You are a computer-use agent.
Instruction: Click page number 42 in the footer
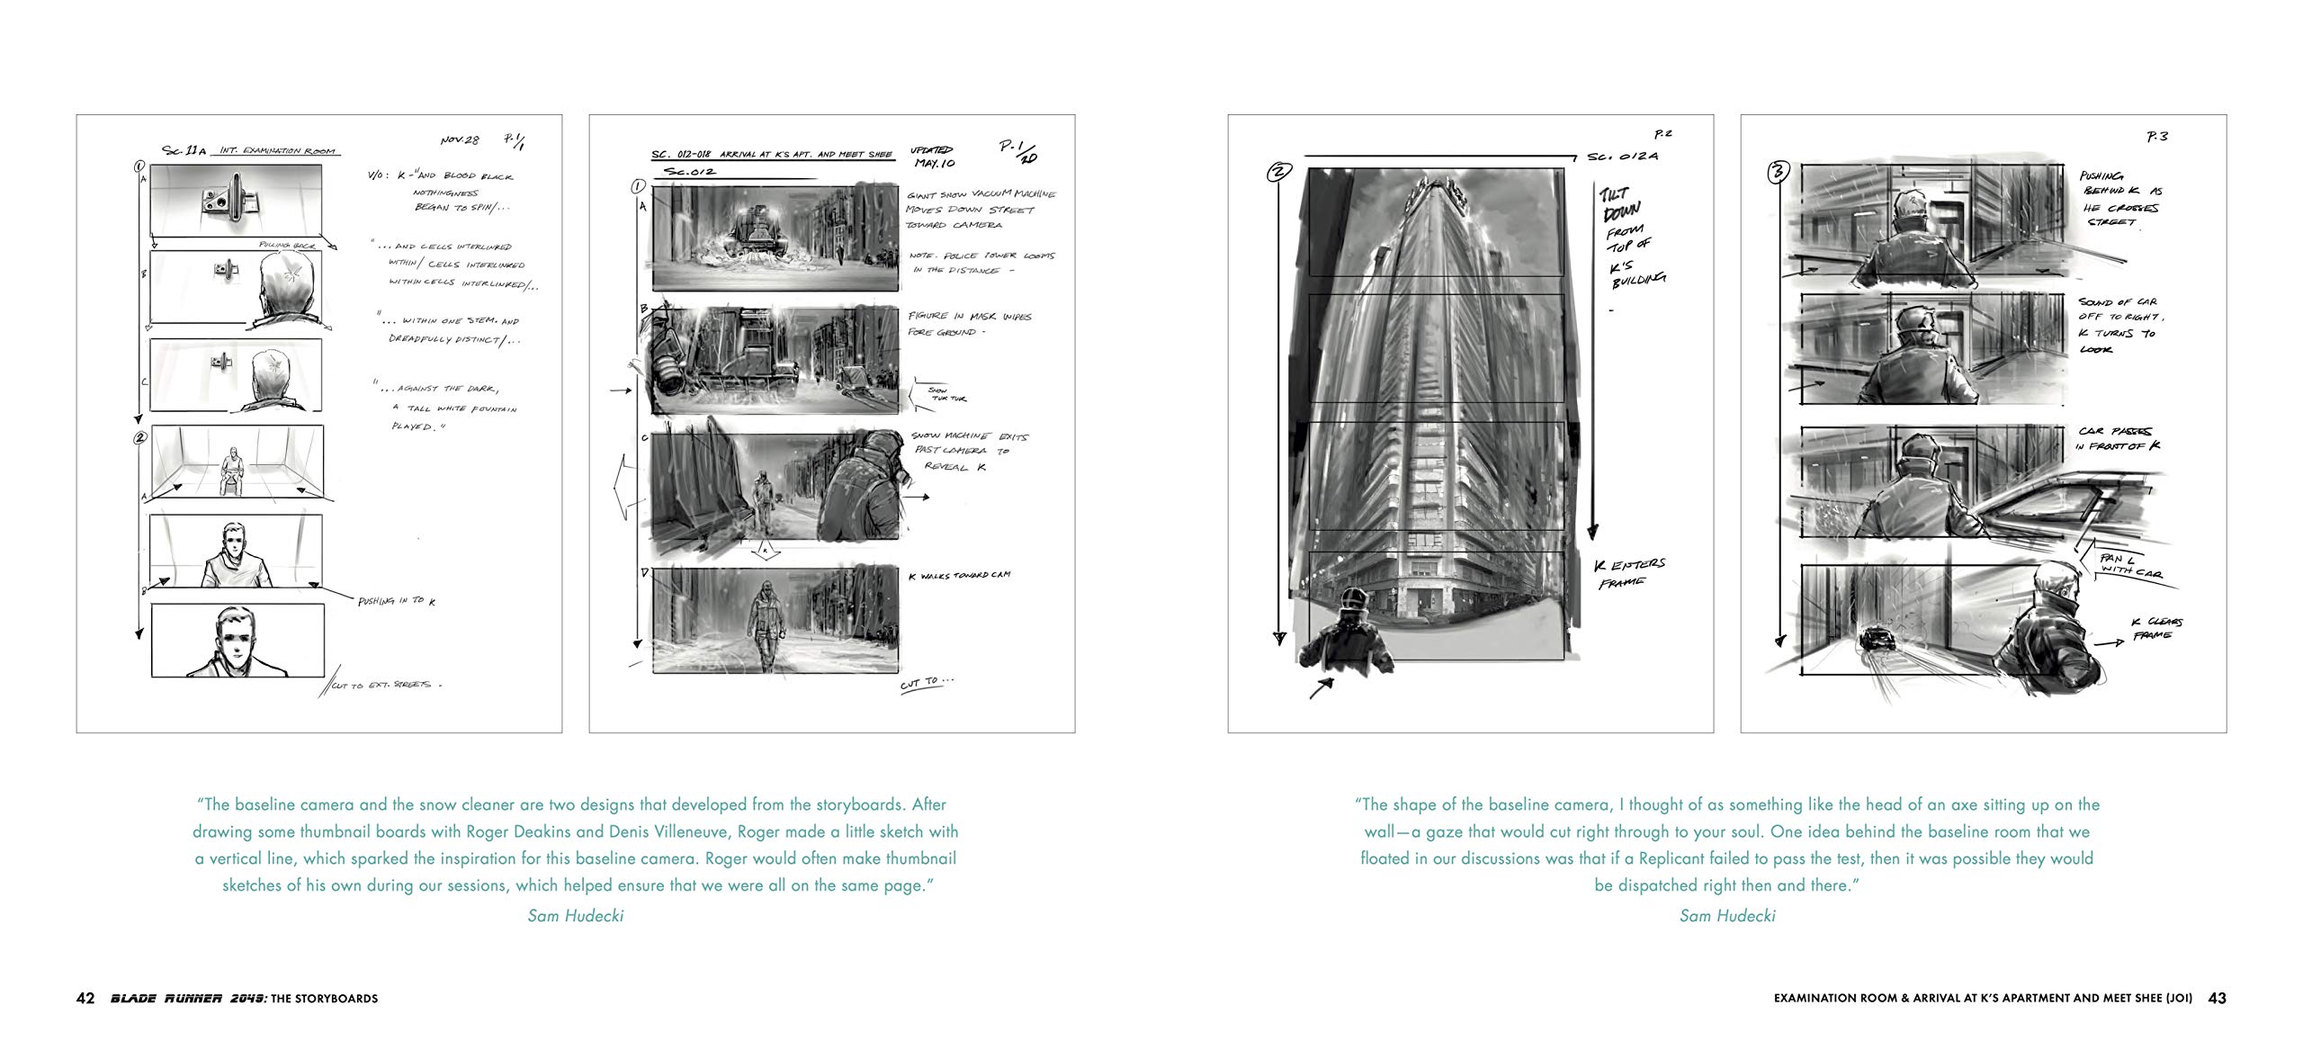(85, 998)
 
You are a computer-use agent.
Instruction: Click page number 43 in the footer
(2217, 998)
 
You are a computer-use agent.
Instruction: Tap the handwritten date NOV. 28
(460, 140)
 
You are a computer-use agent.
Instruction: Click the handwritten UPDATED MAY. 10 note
(933, 157)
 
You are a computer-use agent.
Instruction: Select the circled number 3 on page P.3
(1778, 173)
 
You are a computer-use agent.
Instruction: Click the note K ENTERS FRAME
(1629, 572)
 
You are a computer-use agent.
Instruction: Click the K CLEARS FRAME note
(2155, 628)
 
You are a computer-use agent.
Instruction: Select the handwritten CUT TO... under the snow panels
(926, 684)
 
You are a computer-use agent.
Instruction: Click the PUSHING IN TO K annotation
(396, 600)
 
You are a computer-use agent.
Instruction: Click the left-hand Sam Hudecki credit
(575, 916)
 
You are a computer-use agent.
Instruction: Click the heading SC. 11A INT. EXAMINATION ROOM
(248, 150)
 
